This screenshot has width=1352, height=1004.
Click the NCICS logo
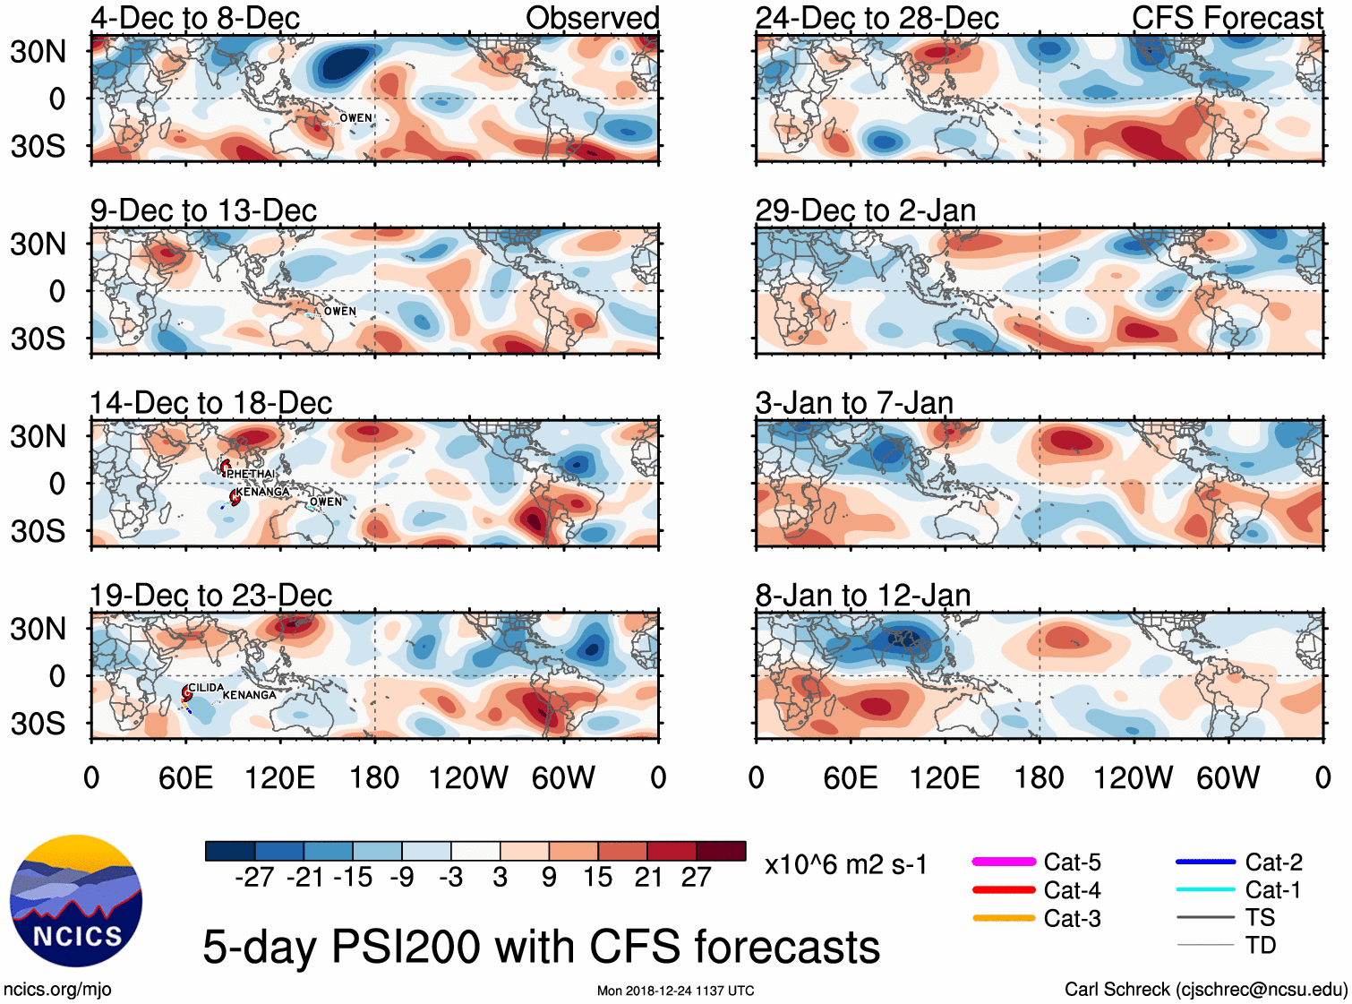pyautogui.click(x=76, y=900)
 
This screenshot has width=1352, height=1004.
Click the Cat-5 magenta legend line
pyautogui.click(x=1004, y=862)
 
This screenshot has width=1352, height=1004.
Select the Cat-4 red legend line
pyautogui.click(x=1004, y=890)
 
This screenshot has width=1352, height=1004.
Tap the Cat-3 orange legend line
pyautogui.click(x=1004, y=918)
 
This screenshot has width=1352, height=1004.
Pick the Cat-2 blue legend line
pyautogui.click(x=1205, y=862)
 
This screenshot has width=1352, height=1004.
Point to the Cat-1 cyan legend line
pyautogui.click(x=1205, y=889)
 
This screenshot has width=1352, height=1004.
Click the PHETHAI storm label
pyautogui.click(x=251, y=474)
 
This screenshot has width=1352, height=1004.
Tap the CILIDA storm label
pyautogui.click(x=206, y=688)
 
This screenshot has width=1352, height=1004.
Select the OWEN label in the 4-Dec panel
pyautogui.click(x=355, y=118)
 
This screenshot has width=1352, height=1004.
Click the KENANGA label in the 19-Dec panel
pyautogui.click(x=249, y=695)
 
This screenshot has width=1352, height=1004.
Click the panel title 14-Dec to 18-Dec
pyautogui.click(x=211, y=403)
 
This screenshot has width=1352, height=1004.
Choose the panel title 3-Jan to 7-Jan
pyautogui.click(x=854, y=403)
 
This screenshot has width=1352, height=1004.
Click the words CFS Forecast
pyautogui.click(x=1227, y=18)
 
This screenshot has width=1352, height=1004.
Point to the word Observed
pyautogui.click(x=592, y=18)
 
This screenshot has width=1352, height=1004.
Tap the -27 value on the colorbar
pyautogui.click(x=254, y=877)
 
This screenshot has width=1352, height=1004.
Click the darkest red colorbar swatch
pyautogui.click(x=721, y=851)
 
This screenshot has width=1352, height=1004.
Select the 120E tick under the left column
pyautogui.click(x=279, y=777)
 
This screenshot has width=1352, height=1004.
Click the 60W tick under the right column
pyautogui.click(x=1228, y=777)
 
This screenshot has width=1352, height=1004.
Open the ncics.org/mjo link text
pyautogui.click(x=57, y=989)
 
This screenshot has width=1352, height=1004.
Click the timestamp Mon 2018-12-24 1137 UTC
pyautogui.click(x=675, y=991)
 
